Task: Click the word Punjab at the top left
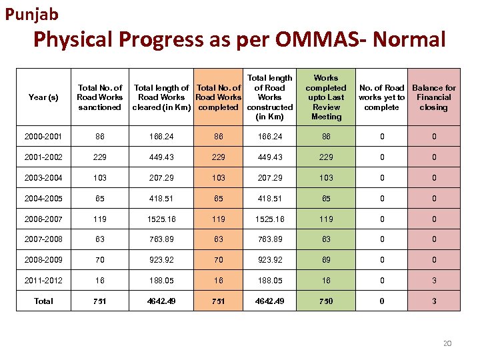coord(32,13)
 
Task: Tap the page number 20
coord(447,343)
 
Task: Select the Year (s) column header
coord(43,97)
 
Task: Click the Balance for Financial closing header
coord(434,97)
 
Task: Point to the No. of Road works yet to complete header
coord(381,97)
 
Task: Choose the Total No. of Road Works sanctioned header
coord(100,97)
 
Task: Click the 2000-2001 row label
coord(43,137)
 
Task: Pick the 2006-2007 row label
coord(43,219)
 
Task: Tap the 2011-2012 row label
coord(43,280)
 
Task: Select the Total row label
coord(43,301)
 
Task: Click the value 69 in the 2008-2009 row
coord(326,260)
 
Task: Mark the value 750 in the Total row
coord(326,301)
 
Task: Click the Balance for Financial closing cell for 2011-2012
coord(434,280)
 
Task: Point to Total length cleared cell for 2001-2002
coord(161,157)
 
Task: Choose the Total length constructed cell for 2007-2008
coord(269,239)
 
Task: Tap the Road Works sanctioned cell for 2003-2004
coord(100,178)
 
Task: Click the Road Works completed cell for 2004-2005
coord(218,199)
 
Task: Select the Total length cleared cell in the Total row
coord(161,301)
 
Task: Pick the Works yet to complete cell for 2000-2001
coord(381,137)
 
